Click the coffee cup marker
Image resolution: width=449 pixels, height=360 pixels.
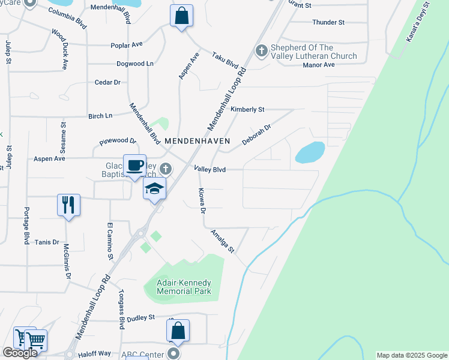coord(135,165)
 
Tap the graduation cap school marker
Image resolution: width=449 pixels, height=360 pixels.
coord(154,188)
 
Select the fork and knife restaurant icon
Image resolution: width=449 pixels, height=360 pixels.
coord(68,205)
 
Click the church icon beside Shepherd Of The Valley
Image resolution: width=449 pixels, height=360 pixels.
coord(261,52)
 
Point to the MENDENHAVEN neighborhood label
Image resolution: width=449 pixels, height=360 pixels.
coord(197,140)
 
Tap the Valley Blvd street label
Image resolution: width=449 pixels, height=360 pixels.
coord(209,170)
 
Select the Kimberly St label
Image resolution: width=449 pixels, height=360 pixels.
coord(248,110)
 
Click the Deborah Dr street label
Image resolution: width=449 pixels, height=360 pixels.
coord(257,134)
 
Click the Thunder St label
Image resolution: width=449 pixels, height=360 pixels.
coord(328,22)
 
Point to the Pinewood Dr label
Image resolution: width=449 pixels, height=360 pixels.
coord(118,142)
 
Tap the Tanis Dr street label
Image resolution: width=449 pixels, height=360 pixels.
coord(47,242)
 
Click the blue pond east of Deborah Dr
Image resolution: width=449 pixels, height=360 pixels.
coord(310,152)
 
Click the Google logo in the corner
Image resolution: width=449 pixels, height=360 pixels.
coord(20,353)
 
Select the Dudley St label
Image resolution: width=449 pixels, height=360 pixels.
coord(141,317)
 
